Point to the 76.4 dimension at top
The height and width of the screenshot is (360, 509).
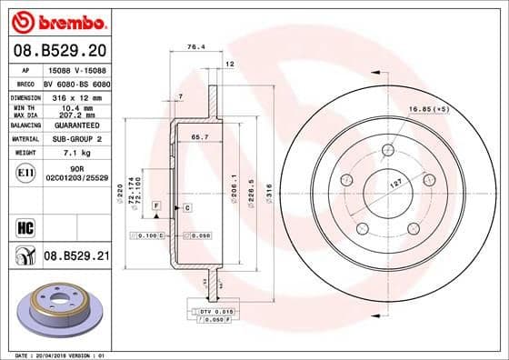[193, 46]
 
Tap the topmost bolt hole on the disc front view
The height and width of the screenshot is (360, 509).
[389, 150]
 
